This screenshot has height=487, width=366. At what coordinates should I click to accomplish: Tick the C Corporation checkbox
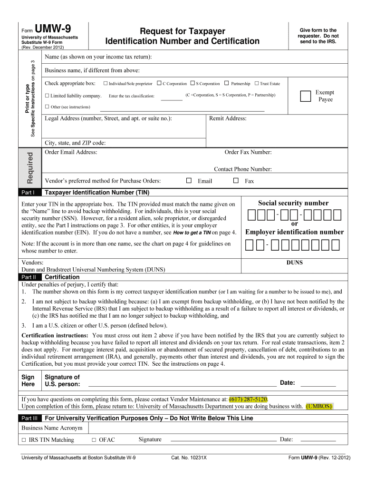(159, 84)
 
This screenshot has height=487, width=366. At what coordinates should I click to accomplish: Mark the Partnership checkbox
(227, 84)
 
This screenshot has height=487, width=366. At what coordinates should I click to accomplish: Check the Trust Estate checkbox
(257, 84)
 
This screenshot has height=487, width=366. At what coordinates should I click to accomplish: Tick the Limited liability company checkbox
(47, 96)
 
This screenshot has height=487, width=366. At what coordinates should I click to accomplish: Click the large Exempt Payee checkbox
(305, 97)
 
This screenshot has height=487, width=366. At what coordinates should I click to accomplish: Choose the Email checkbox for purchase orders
(189, 181)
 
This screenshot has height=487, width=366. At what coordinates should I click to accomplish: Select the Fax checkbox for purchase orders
(236, 181)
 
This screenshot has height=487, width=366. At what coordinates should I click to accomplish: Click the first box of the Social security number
(251, 215)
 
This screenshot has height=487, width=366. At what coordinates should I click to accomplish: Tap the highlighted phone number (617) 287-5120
(248, 399)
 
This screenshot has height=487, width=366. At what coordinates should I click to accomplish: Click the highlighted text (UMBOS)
(319, 406)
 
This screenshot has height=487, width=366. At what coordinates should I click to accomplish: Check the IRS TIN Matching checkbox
(23, 440)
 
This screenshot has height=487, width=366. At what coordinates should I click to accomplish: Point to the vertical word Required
(30, 167)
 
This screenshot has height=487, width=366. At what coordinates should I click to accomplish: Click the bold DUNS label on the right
(294, 263)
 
